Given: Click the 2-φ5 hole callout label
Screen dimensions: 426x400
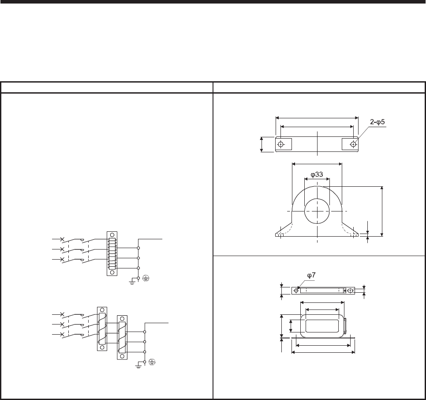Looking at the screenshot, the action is click(x=377, y=122).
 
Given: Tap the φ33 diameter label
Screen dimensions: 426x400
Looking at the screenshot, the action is click(x=317, y=174).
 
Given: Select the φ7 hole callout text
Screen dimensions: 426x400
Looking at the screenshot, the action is click(x=311, y=275).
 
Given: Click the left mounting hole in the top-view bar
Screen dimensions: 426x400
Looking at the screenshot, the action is click(x=280, y=144).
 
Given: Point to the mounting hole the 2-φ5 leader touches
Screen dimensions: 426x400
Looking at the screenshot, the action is click(x=353, y=144).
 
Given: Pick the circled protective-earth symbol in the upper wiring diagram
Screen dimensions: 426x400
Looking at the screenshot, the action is click(x=146, y=278).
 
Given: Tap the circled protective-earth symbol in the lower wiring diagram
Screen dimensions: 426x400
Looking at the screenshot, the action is click(x=152, y=362).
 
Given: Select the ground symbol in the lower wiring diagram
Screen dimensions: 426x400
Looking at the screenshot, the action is click(x=138, y=366).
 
